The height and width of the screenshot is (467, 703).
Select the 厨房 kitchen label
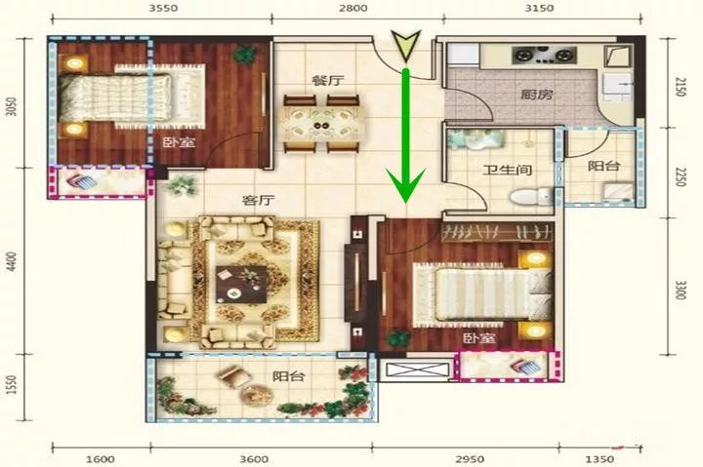(x=537, y=95)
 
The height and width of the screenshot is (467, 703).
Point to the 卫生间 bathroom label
(x=508, y=171)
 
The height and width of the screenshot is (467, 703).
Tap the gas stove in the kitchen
(x=544, y=55)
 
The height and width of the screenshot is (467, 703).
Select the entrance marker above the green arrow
(x=406, y=45)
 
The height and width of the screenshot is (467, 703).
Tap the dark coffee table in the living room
(x=241, y=285)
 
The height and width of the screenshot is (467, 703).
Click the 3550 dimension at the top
(x=164, y=8)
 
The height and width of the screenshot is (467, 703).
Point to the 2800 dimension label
(x=352, y=8)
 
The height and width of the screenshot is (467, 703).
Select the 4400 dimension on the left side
(x=12, y=261)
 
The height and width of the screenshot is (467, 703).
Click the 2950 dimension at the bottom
(x=470, y=459)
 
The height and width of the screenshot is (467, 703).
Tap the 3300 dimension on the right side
(x=681, y=291)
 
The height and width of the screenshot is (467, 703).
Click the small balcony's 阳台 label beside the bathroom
(x=604, y=166)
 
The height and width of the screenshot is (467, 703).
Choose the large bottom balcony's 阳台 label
(x=288, y=376)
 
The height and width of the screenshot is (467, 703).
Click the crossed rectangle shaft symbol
(x=417, y=370)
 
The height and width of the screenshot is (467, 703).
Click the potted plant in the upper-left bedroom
(x=244, y=55)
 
